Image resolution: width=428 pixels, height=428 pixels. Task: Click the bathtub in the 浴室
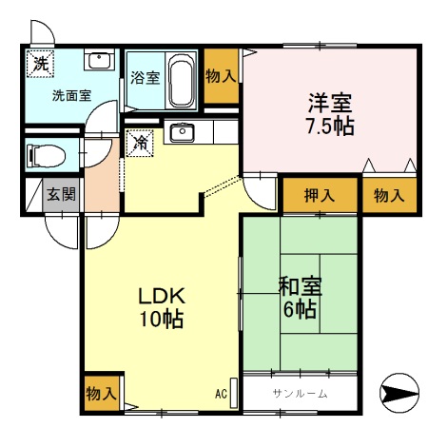click(182, 80)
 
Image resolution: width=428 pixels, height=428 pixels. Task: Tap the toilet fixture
click(47, 156)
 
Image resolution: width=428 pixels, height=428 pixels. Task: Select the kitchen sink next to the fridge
click(182, 133)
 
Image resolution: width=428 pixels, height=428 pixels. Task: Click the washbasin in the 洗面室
click(99, 61)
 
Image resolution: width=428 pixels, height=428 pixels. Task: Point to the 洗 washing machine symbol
click(40, 64)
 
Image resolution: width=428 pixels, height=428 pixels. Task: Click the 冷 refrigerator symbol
click(140, 144)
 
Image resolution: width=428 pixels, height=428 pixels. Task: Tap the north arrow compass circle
click(399, 393)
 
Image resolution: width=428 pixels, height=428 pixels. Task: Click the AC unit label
click(221, 394)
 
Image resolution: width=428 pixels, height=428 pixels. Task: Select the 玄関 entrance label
click(61, 194)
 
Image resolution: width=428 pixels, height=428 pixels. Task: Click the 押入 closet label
click(320, 195)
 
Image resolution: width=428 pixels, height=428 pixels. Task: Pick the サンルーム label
click(300, 394)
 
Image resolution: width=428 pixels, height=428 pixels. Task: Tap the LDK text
click(162, 296)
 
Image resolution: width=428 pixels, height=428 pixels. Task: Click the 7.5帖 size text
click(330, 126)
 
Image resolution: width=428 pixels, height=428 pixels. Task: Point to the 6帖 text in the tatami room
click(300, 309)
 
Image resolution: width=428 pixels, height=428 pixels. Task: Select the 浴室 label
click(146, 78)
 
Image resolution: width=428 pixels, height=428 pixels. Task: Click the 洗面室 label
click(71, 95)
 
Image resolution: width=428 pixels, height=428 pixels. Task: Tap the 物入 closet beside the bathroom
click(221, 76)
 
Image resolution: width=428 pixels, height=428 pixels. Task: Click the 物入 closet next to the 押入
click(389, 195)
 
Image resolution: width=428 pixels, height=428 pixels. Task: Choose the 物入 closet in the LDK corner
click(102, 394)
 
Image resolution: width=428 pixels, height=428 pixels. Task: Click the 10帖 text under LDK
click(162, 319)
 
